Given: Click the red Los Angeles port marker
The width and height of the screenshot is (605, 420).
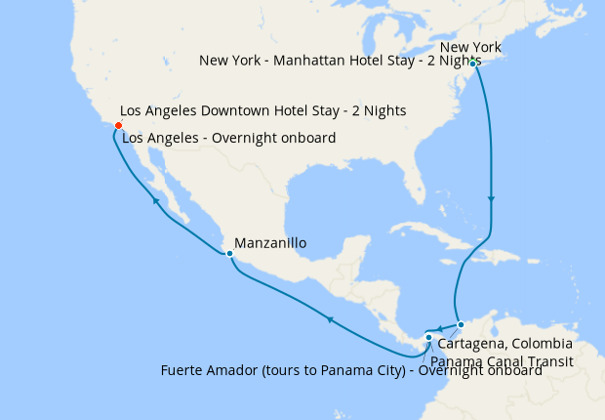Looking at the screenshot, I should pos(118,126).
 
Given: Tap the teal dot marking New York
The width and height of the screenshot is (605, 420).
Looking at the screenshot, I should pos(472,63).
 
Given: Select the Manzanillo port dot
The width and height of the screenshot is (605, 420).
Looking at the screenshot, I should pos(229,255).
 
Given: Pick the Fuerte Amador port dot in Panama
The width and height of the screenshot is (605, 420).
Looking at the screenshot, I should pos(428,338).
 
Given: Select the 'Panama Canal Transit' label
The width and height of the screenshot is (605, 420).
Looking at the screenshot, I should pos(500,360).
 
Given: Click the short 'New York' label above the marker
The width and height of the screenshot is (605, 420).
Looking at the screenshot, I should pos(470,47).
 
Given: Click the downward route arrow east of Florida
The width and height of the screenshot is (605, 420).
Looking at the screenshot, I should pos(492,199).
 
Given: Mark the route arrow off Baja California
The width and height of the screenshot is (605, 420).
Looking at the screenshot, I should pos(155,201).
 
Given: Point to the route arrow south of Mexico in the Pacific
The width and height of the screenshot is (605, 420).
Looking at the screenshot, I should pos(330,319).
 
